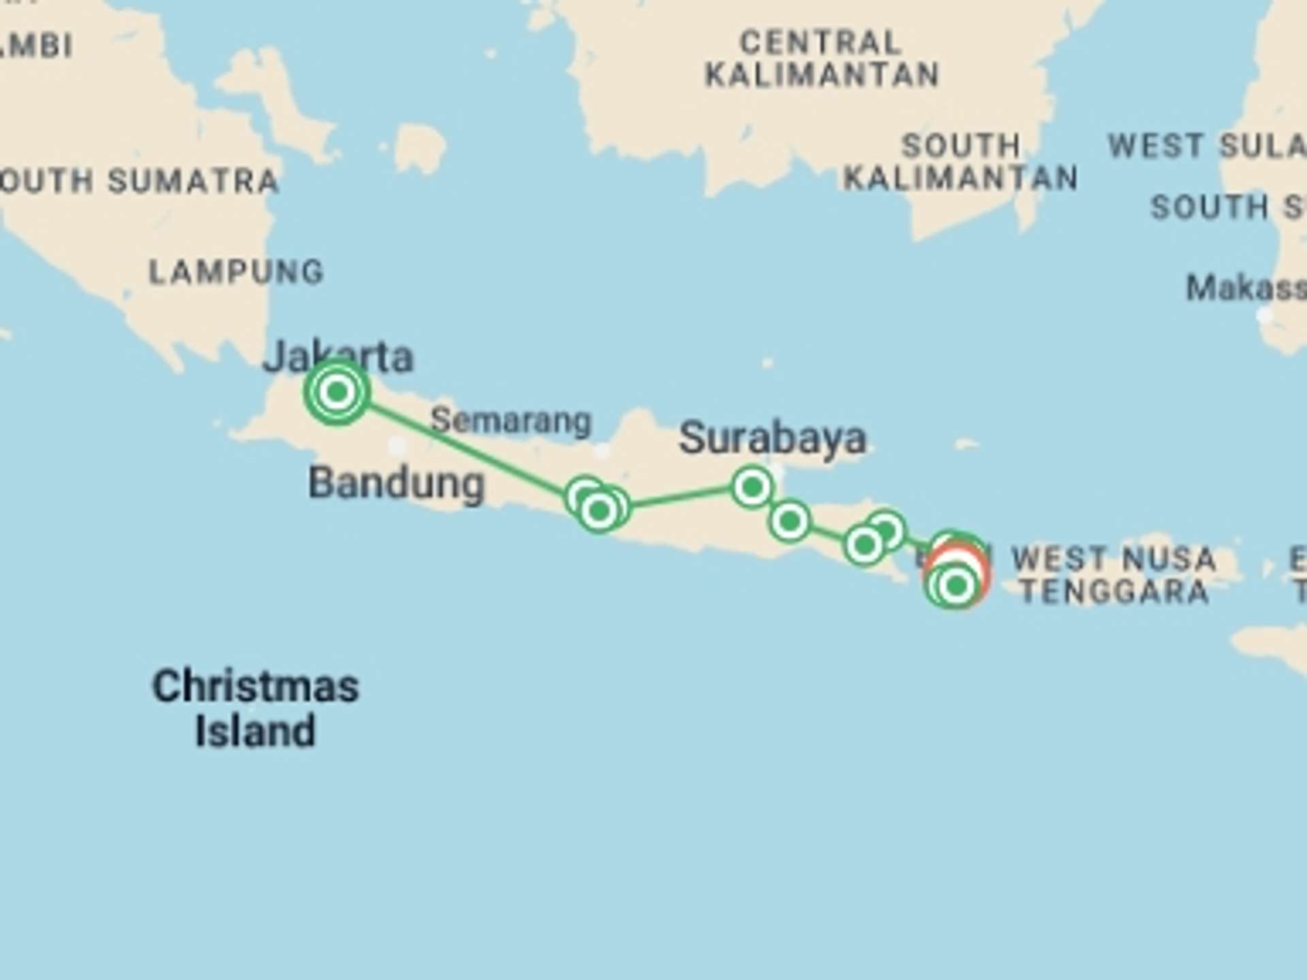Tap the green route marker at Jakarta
click(337, 392)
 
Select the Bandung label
click(396, 483)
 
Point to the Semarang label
click(511, 421)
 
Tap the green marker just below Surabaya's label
click(752, 487)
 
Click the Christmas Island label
click(255, 708)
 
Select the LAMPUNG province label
click(236, 272)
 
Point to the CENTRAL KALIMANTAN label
click(822, 59)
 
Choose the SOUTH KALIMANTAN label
click(961, 162)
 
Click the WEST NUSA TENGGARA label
click(1114, 575)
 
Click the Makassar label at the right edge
click(1246, 288)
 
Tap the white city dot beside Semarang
click(602, 451)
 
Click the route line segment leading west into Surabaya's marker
click(681, 497)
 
